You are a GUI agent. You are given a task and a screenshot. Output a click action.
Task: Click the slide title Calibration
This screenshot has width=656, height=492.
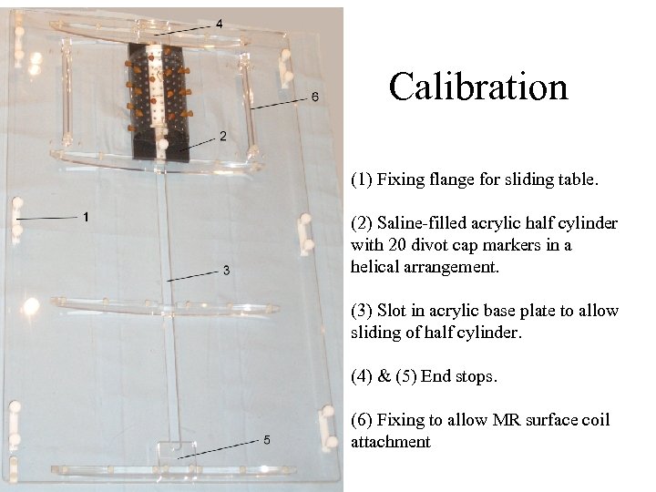(478, 87)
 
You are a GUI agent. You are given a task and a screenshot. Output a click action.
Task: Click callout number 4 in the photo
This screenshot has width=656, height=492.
(219, 23)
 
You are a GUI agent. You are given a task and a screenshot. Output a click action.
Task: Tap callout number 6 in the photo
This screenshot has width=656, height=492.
(314, 96)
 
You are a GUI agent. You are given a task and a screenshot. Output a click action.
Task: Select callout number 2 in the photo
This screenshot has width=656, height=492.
(222, 136)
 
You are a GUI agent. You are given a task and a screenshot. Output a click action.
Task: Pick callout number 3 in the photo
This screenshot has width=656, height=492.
(226, 270)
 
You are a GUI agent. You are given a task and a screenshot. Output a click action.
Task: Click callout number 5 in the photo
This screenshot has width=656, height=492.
(266, 439)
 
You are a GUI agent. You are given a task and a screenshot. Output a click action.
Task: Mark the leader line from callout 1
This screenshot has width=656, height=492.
(46, 219)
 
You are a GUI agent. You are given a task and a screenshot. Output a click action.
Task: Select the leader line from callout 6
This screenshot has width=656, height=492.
(278, 103)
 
